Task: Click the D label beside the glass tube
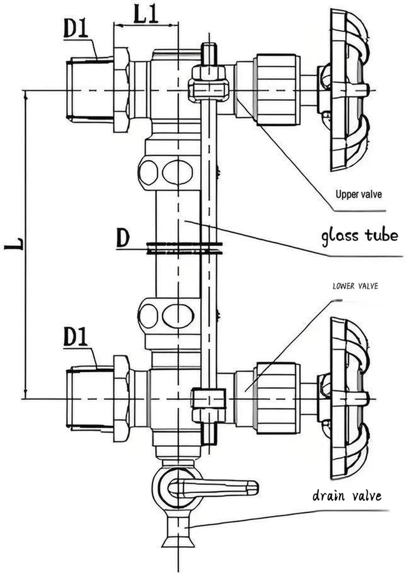coord(123,238)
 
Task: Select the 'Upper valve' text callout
coord(358,194)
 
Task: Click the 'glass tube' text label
coord(360,236)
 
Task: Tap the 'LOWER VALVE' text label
coord(355,286)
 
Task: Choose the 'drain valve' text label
coord(347,496)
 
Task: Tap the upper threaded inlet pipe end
coord(89,90)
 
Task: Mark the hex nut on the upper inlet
coord(121,90)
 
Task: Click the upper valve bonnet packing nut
coord(277,90)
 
